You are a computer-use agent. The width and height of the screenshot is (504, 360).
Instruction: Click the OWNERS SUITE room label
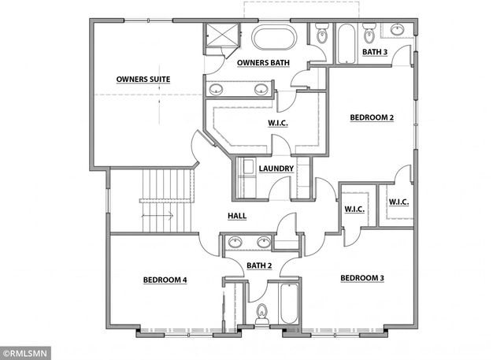click(143, 80)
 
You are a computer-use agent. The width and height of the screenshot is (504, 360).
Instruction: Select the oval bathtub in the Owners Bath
click(274, 37)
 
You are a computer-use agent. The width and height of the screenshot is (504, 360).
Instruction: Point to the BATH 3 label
click(375, 53)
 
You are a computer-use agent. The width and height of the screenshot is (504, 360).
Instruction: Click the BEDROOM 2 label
click(372, 118)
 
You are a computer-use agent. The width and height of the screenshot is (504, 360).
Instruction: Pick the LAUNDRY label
click(276, 169)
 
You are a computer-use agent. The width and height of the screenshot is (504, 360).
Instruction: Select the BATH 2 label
click(259, 266)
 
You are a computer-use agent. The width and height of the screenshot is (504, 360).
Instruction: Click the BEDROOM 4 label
click(165, 280)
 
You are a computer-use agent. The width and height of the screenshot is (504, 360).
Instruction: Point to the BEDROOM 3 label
click(362, 278)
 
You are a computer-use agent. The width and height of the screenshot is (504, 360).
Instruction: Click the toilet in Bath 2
click(263, 314)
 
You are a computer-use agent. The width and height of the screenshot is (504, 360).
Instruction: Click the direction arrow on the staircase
click(150, 213)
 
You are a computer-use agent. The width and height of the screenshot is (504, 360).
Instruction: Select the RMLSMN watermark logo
click(26, 353)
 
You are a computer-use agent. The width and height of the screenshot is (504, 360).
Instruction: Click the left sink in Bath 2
click(234, 243)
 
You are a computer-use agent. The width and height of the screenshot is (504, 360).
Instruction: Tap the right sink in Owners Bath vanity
click(260, 89)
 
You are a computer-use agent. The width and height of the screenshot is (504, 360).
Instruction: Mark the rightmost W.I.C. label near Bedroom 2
click(398, 202)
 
